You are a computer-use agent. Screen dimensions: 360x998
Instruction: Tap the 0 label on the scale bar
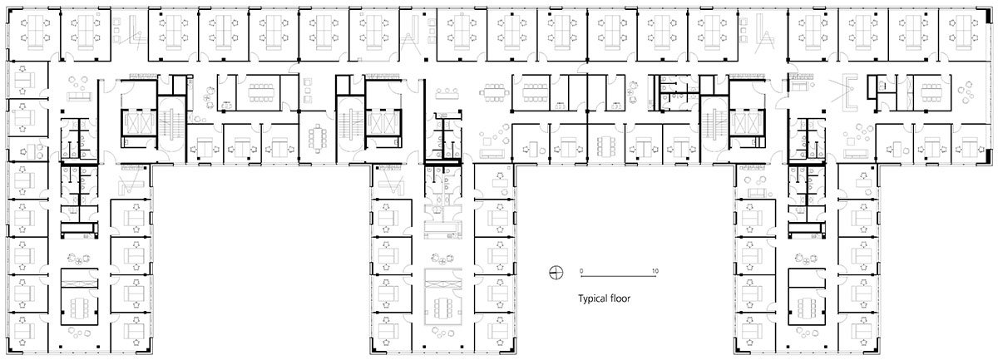tap(582, 271)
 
